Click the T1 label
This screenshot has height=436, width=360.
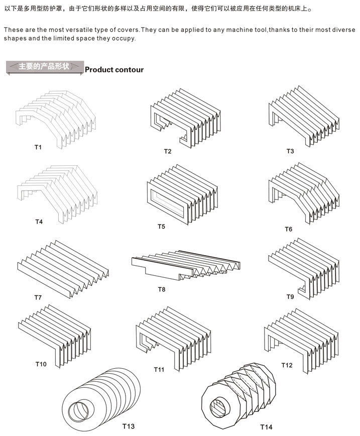(38, 147)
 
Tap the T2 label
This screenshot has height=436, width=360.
(168, 151)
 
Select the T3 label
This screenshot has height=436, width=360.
(290, 151)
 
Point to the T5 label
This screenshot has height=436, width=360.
(161, 227)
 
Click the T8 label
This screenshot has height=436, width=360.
(162, 289)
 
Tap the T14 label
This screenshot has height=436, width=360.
(266, 427)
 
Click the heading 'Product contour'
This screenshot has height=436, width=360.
(114, 70)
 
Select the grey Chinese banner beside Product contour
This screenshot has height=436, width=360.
(44, 67)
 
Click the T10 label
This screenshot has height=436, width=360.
(41, 364)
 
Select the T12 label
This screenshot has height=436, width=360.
(287, 365)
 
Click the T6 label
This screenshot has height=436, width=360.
(289, 229)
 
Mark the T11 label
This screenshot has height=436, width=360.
(159, 370)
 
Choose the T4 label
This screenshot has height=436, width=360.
(39, 222)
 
